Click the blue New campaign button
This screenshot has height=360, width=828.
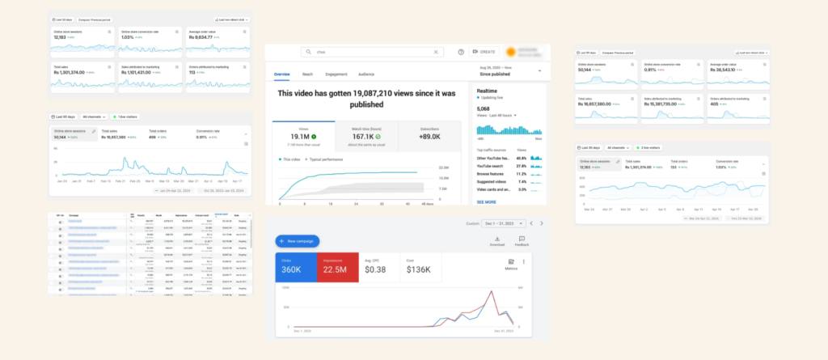(x=298, y=241)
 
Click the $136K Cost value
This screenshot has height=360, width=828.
(x=419, y=269)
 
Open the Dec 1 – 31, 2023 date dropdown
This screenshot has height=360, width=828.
(x=505, y=222)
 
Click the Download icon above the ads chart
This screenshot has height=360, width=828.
(x=497, y=239)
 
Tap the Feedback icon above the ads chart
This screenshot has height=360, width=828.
(x=522, y=239)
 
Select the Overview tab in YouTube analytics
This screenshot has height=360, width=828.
(x=281, y=74)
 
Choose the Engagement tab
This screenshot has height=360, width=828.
(x=336, y=74)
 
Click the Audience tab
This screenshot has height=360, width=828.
(x=365, y=74)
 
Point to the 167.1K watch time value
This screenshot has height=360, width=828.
(x=361, y=137)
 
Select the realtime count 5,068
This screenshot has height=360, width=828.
(x=483, y=108)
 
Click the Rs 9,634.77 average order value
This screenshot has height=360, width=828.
(x=201, y=37)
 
